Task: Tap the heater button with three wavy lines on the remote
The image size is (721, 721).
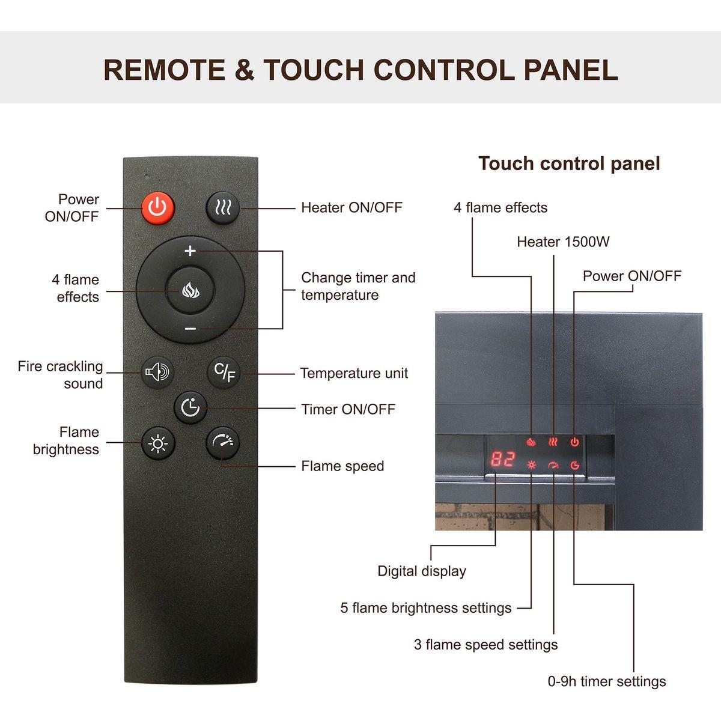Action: click(223, 208)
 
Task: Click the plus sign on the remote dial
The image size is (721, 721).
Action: click(190, 251)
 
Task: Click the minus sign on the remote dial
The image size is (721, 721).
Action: click(190, 329)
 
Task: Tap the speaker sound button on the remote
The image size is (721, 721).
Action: click(157, 373)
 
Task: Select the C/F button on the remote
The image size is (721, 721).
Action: click(224, 373)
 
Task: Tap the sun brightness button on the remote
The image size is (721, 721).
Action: click(158, 443)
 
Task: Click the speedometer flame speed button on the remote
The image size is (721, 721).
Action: click(223, 443)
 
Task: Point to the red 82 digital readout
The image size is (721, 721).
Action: click(503, 458)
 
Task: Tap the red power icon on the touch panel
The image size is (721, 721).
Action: click(575, 442)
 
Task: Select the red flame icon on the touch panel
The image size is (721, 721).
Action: click(531, 442)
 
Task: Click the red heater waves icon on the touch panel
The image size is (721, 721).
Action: click(553, 442)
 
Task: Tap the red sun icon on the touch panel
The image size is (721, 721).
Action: click(531, 465)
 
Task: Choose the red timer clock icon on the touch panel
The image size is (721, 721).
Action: click(575, 465)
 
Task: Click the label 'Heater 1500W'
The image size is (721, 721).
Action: click(563, 242)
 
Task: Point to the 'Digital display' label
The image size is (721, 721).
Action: click(422, 571)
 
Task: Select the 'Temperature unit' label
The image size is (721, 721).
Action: click(354, 373)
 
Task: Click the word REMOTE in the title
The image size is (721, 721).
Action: click(165, 70)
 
